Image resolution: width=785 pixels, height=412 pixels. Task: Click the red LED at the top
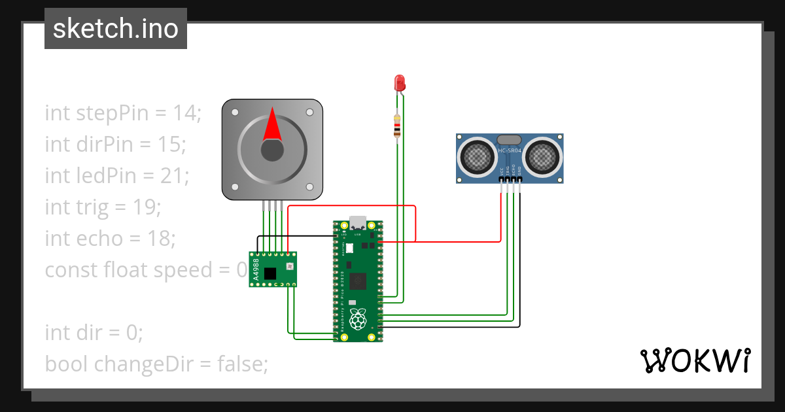400,83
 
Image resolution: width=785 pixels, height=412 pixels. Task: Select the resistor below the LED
397,126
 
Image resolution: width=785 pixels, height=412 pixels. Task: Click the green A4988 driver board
273,269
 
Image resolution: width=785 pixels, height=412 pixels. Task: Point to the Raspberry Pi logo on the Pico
357,320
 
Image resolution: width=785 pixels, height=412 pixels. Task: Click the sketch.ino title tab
116,29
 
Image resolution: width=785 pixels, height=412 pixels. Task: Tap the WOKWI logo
695,360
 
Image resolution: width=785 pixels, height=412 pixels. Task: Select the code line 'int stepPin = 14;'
123,112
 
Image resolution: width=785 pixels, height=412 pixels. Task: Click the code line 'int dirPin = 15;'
116,144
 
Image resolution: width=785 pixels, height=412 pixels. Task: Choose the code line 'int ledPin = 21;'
116,175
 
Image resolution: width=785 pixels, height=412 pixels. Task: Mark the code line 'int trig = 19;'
103,207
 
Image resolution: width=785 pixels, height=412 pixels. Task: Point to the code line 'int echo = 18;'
110,238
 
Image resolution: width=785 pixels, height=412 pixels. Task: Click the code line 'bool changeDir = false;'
156,364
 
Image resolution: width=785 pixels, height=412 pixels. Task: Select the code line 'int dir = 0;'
94,332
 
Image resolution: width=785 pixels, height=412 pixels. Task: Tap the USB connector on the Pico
358,222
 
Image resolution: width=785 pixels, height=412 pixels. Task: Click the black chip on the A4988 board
270,273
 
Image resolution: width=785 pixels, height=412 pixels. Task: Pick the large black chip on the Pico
358,281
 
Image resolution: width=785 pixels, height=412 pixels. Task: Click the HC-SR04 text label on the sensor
510,152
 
